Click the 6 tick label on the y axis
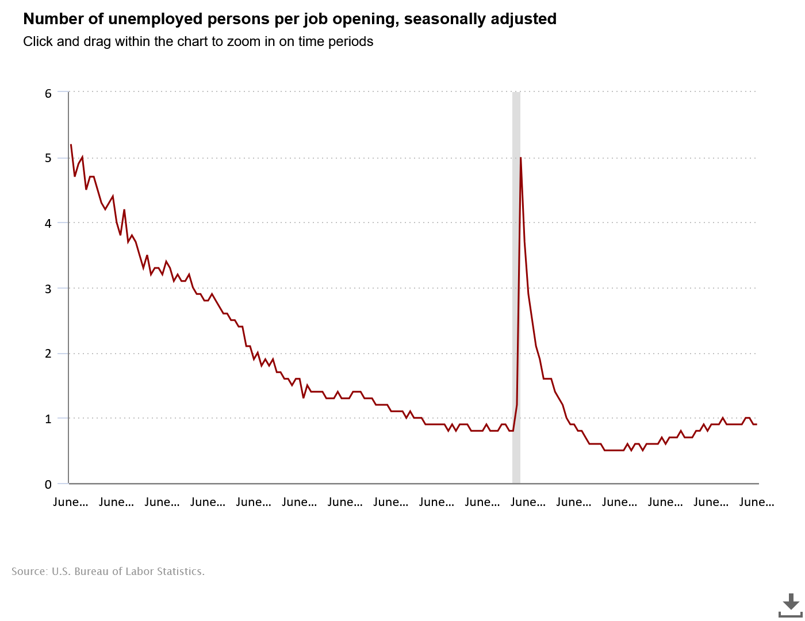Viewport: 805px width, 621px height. pos(48,93)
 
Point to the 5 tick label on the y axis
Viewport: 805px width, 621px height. pos(48,158)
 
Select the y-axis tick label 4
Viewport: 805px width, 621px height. pos(48,223)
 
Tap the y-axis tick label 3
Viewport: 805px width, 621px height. pos(48,289)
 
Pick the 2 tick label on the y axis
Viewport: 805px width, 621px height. pos(48,354)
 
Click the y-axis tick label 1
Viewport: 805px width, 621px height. pos(48,419)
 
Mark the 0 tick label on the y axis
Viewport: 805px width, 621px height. pos(48,484)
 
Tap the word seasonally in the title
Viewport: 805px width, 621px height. pos(438,19)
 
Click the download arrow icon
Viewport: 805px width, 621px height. pos(791,604)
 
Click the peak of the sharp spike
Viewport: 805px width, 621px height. pos(520,158)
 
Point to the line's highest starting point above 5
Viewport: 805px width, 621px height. pos(71,145)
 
